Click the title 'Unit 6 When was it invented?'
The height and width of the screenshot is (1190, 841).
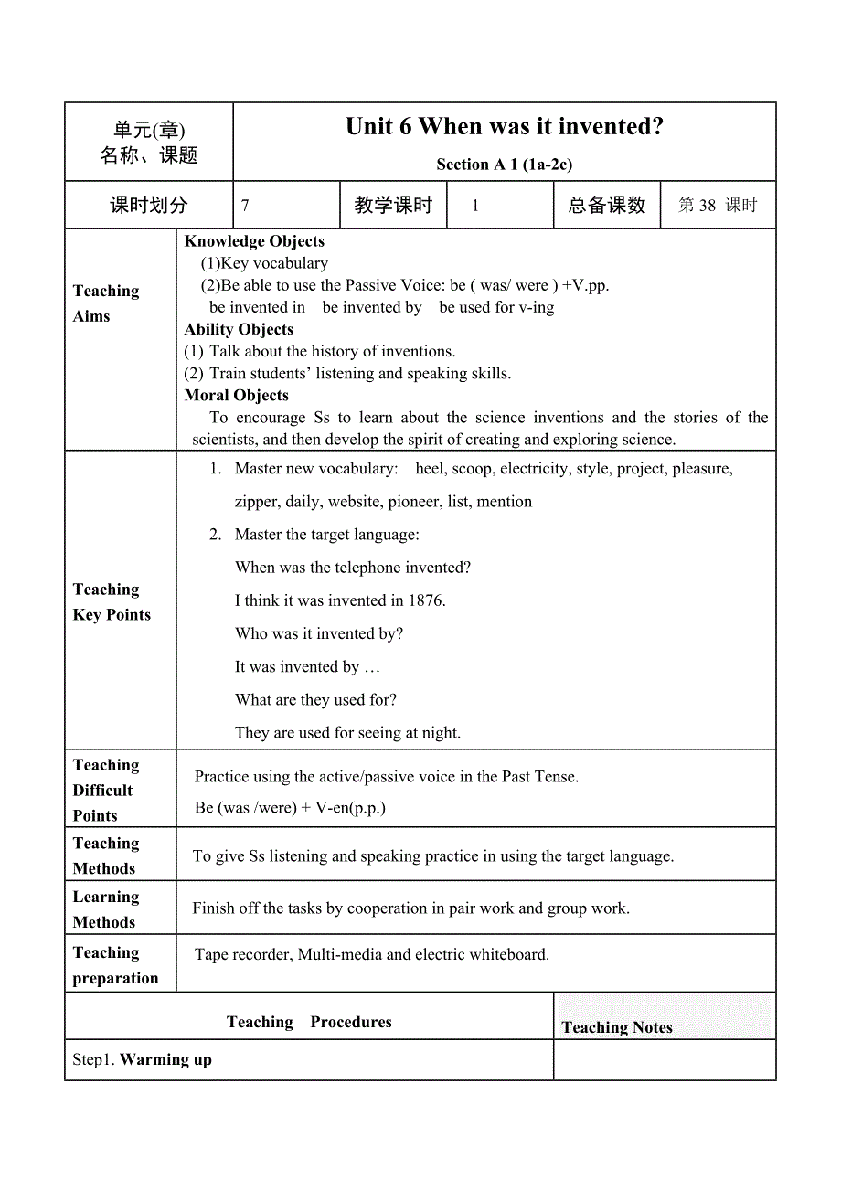click(505, 127)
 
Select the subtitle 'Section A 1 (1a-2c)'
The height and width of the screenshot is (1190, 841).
click(505, 165)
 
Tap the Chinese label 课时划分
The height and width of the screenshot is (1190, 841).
click(148, 206)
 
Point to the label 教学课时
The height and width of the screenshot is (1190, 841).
click(393, 206)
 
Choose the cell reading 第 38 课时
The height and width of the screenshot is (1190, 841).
click(718, 206)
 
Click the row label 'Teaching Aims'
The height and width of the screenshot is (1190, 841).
click(106, 303)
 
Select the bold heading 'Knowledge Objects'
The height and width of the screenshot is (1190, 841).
click(254, 241)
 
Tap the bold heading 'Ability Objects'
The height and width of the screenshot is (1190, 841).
click(239, 329)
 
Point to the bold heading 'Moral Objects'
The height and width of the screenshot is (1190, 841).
click(236, 395)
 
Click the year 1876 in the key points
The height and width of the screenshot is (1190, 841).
click(425, 600)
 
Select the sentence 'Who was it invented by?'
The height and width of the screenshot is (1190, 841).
click(319, 633)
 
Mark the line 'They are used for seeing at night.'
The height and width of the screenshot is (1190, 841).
click(347, 732)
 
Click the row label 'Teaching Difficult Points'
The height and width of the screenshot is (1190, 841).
click(106, 790)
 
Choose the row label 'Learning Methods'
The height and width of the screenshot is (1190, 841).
click(106, 909)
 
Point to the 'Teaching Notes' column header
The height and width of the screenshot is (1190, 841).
click(617, 1027)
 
